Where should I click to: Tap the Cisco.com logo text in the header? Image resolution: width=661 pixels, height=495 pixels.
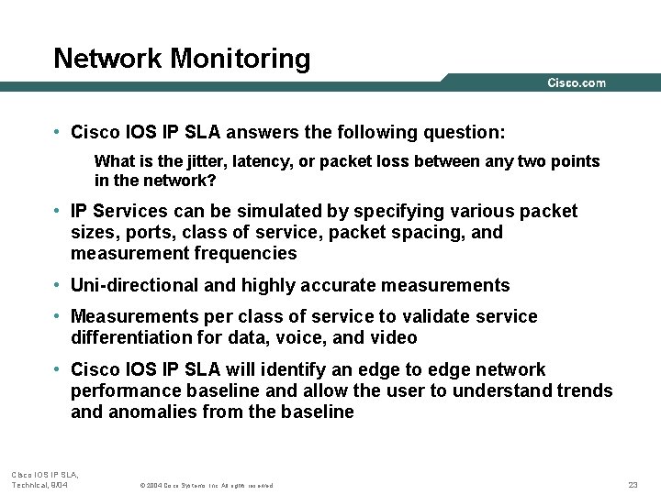pos(577,82)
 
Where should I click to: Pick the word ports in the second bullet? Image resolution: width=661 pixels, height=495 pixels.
pos(146,233)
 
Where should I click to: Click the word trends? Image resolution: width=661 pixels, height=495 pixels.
pos(585,391)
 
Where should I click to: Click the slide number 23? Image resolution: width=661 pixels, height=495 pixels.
pos(633,484)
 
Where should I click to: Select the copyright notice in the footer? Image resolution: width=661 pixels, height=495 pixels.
pos(206,485)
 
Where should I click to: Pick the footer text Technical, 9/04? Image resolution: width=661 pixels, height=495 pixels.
pos(39,484)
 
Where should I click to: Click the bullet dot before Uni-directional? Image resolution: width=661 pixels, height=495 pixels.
pos(57,286)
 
